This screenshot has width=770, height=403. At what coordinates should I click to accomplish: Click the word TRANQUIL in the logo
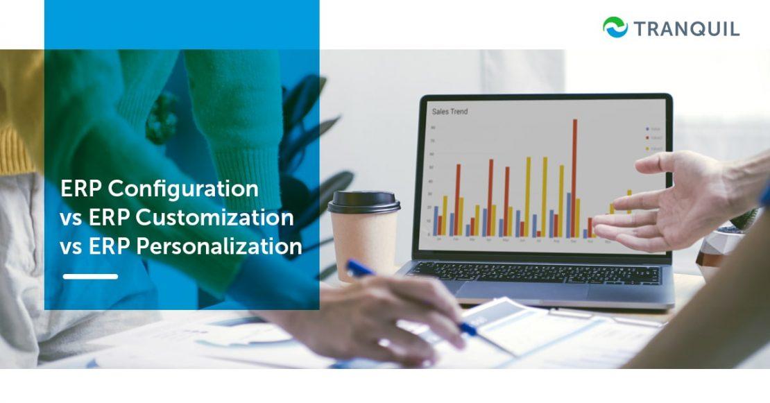coord(686,28)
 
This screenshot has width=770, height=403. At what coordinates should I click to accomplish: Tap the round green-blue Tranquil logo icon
coord(615,28)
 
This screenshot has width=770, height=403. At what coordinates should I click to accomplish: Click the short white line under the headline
coord(90,276)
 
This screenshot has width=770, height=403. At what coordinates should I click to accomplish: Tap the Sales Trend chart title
coord(450,111)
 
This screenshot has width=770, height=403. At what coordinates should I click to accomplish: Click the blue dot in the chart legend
coord(648,129)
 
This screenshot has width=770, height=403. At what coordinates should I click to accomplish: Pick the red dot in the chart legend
coord(648,139)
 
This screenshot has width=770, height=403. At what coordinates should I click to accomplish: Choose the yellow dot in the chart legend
coord(648,148)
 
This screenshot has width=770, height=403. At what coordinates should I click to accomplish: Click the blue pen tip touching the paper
coord(472,329)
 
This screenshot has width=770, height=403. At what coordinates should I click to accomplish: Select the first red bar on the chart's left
coord(440,225)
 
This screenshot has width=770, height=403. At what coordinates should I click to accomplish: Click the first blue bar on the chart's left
coord(436,221)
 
